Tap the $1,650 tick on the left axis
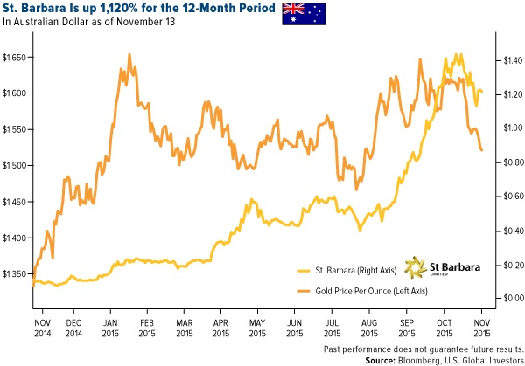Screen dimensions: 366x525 [x=17, y=57]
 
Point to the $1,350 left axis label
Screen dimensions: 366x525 [x=17, y=274]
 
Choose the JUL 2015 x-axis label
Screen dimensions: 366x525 [x=333, y=317]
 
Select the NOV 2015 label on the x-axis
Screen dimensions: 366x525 [x=481, y=317]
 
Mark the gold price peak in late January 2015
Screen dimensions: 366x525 [x=129, y=54]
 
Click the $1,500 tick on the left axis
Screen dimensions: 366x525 [x=17, y=166]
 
